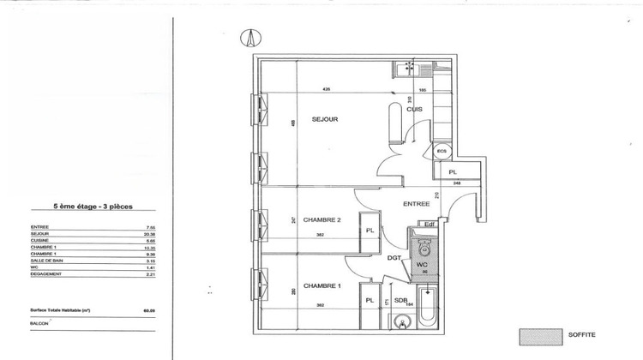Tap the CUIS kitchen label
413,109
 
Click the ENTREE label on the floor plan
417,203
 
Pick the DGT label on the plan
394,257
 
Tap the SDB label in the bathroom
401,300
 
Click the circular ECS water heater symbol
442,152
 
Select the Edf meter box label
431,225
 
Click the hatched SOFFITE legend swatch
538,335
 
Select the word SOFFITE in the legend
582,335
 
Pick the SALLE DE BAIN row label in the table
46,261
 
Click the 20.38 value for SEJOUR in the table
150,233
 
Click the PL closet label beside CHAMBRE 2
370,231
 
